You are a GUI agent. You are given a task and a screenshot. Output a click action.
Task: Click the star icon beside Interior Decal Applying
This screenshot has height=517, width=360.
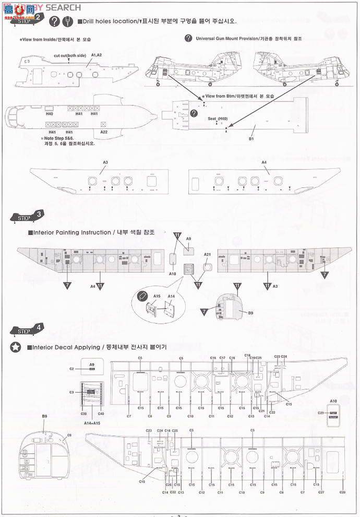pyautogui.click(x=16, y=347)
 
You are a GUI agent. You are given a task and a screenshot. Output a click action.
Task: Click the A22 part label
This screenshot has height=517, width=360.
pyautogui.click(x=103, y=132)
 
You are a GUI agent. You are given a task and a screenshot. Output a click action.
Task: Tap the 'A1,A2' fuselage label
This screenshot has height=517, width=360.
pyautogui.click(x=97, y=55)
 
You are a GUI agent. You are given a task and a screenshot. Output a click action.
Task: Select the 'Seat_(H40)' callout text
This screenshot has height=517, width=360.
pyautogui.click(x=218, y=119)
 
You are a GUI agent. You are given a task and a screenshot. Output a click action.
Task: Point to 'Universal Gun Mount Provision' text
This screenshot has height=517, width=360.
pyautogui.click(x=235, y=39)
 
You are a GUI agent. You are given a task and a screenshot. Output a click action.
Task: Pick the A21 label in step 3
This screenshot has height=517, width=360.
pyautogui.click(x=207, y=254)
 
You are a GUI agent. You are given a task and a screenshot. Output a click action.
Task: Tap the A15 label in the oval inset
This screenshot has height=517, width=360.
pyautogui.click(x=157, y=296)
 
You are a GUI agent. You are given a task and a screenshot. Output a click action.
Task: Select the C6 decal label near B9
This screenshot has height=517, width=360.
pyautogui.click(x=69, y=435)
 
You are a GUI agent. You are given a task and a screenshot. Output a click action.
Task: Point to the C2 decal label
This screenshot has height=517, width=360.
pyautogui.click(x=71, y=369)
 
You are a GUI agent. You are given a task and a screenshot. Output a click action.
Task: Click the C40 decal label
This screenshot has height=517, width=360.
pyautogui.click(x=101, y=414)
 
